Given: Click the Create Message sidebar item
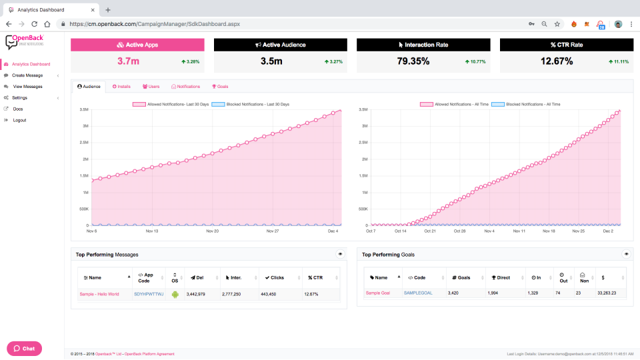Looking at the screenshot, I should point(27,75).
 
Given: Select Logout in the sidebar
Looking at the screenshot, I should point(19,120).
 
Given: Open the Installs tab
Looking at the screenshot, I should point(121,87).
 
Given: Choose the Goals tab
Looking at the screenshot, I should point(220,87).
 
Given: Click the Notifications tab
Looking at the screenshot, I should point(186,87).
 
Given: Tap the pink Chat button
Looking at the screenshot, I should point(25,348).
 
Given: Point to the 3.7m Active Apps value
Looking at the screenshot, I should point(128,61).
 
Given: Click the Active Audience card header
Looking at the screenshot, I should point(281,45).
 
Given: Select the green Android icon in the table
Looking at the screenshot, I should point(175,294).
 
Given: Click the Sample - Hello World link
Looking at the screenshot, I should point(99,294).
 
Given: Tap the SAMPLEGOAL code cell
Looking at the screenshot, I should point(419,293).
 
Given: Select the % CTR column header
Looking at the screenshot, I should point(314,277).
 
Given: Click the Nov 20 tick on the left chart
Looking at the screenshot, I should point(213,231).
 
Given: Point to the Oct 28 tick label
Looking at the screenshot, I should point(459,231).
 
